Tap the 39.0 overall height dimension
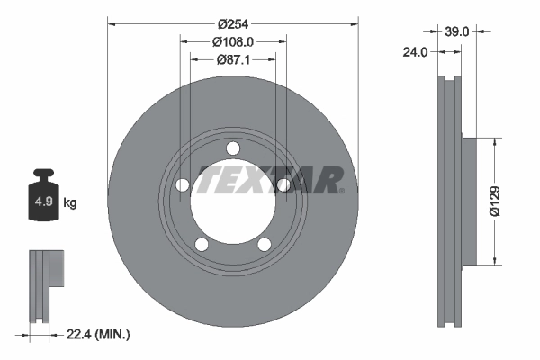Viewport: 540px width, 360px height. (x=458, y=31)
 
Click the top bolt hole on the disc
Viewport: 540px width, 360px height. (x=233, y=148)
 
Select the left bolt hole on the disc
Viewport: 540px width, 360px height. (x=181, y=185)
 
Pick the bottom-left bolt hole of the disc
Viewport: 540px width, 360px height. (x=202, y=245)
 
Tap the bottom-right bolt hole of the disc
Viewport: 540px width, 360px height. (x=265, y=245)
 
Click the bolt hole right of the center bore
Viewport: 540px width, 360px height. (x=284, y=185)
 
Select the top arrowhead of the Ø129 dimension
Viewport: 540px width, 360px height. (x=493, y=142)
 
